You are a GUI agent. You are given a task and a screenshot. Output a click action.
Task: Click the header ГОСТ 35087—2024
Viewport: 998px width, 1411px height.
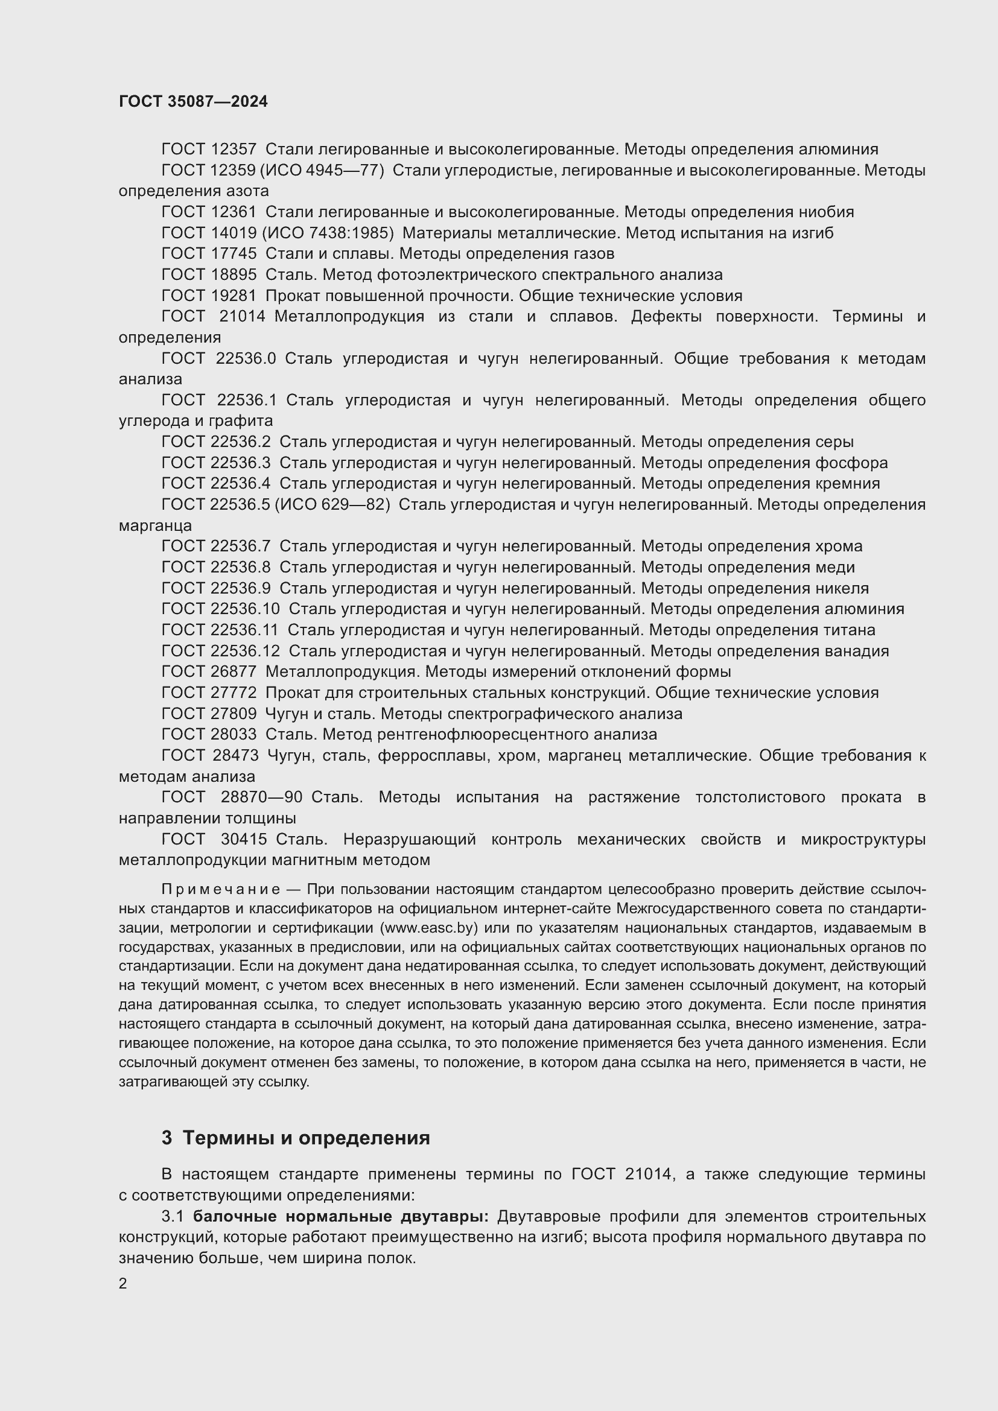click(x=193, y=101)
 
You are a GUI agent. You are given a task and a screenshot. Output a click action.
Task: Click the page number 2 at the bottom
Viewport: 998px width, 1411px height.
click(x=123, y=1283)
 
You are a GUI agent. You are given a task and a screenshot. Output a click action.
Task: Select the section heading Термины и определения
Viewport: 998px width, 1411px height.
click(x=306, y=1138)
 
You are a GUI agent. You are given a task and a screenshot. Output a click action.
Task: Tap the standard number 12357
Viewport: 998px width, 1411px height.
click(x=234, y=150)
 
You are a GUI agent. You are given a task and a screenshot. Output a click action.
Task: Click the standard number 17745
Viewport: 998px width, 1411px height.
click(x=234, y=254)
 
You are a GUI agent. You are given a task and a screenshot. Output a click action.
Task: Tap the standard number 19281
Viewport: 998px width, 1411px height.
click(x=234, y=296)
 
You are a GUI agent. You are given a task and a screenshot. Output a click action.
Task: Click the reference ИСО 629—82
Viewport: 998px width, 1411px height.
click(x=332, y=504)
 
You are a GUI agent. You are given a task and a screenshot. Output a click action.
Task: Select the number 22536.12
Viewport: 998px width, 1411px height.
click(x=245, y=651)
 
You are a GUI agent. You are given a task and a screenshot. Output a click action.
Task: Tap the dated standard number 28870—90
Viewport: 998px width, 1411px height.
click(x=261, y=797)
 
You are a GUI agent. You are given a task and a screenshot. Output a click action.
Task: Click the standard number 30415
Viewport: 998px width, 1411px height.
click(x=243, y=839)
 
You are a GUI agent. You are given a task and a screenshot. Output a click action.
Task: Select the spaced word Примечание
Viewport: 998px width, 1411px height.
click(x=221, y=889)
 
